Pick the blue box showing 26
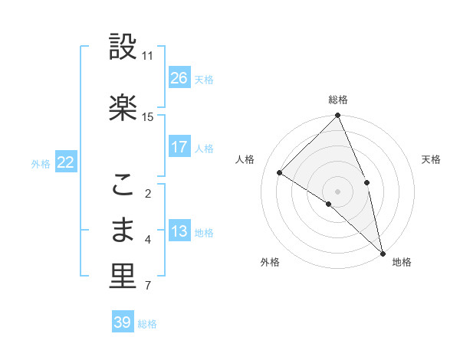coord(179,78)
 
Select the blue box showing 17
coord(179,147)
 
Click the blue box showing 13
coord(179,232)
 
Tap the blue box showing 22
coord(66,162)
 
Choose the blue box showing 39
coord(123,322)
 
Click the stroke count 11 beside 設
coord(148,56)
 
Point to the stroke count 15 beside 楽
coord(148,116)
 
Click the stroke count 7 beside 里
coord(147,286)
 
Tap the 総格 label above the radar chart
coord(337,100)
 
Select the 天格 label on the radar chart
coord(432,159)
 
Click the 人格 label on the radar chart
coord(245,159)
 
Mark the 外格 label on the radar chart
coord(269,263)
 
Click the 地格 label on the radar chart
coord(402,263)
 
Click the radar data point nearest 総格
coord(337,116)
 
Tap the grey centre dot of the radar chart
coord(337,191)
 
